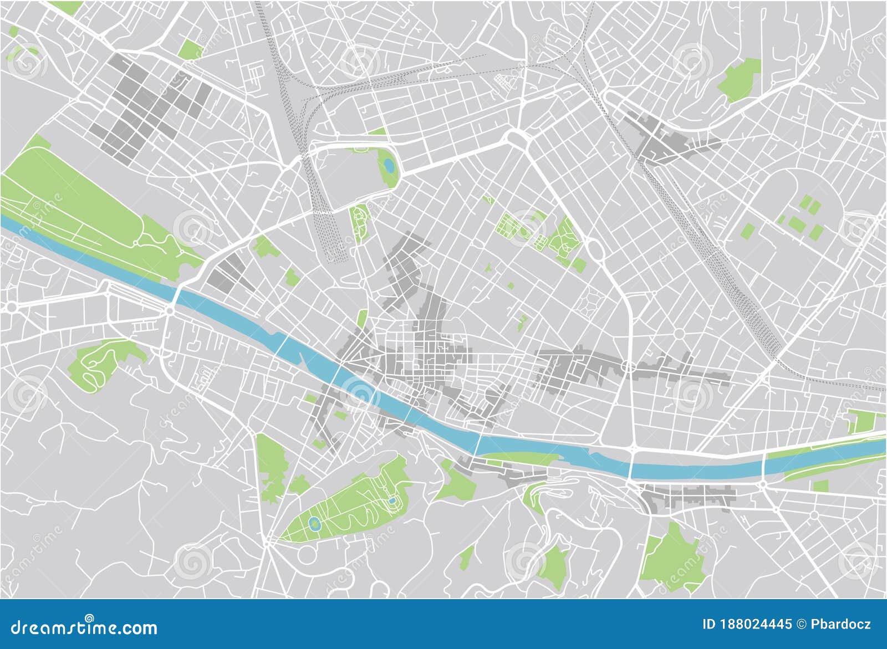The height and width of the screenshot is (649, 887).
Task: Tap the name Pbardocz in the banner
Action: tap(841, 625)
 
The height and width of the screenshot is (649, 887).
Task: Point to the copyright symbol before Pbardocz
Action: tap(801, 625)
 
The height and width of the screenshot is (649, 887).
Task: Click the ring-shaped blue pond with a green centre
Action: tap(314, 524)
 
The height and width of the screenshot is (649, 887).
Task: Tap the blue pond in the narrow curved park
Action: tap(389, 165)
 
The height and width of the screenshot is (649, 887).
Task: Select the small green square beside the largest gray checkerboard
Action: tap(190, 50)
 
